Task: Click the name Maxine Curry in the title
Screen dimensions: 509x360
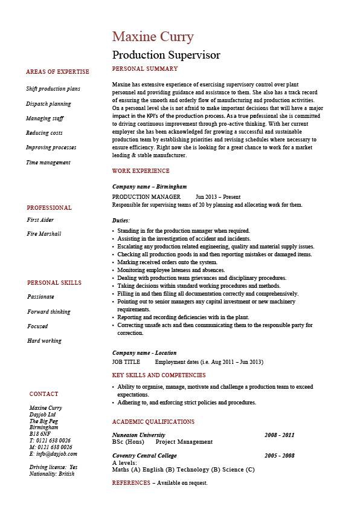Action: click(153, 37)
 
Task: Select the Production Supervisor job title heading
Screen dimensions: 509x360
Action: click(166, 55)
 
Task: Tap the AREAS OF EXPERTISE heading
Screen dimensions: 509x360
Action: click(57, 72)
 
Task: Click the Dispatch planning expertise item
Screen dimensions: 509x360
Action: click(48, 104)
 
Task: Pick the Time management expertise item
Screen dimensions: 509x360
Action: click(48, 163)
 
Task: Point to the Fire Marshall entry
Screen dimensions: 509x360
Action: click(44, 234)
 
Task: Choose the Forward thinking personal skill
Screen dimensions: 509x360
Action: click(49, 312)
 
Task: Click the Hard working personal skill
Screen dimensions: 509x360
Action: click(44, 341)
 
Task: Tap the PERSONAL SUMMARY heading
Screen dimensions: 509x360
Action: click(145, 69)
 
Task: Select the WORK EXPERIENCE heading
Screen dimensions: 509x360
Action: click(141, 171)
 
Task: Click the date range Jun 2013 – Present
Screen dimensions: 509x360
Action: click(218, 197)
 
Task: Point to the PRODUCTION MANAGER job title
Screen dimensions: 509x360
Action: click(146, 197)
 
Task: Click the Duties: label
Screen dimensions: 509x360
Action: click(121, 221)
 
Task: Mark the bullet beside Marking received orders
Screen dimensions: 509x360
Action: click(114, 262)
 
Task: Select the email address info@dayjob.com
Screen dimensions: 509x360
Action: click(53, 453)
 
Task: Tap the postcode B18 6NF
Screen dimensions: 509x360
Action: click(40, 434)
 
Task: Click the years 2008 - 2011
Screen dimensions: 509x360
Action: click(279, 435)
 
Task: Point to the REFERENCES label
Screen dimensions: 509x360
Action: click(131, 483)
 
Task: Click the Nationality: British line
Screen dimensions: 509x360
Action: click(52, 474)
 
